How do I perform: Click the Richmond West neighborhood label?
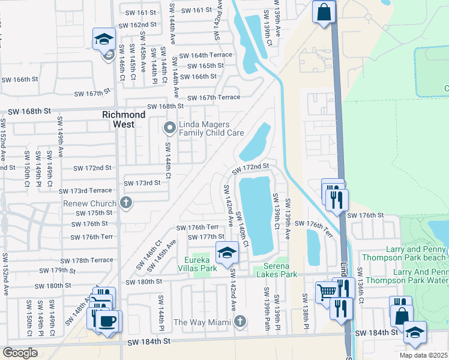point(124,119)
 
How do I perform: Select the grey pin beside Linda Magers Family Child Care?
point(169,127)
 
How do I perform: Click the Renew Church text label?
point(90,203)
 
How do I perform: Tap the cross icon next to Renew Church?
point(126,202)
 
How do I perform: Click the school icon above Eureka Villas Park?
point(227,253)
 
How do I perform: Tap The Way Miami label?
point(202,323)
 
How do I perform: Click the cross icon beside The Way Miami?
point(240,322)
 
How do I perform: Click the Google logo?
point(19,353)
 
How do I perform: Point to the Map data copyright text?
point(423,355)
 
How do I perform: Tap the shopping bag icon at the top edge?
point(323,11)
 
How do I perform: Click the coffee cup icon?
point(107,321)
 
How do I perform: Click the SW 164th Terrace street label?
point(209,55)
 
